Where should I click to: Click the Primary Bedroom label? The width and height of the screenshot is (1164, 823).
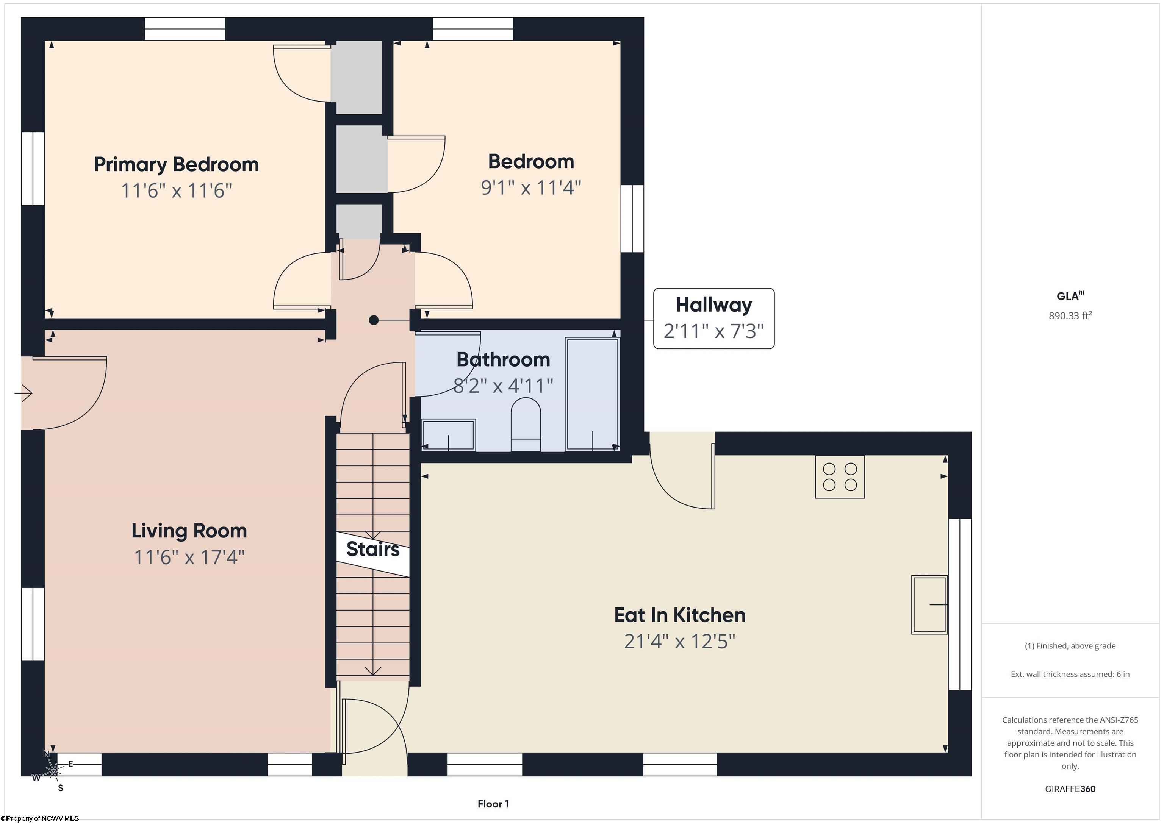(x=177, y=165)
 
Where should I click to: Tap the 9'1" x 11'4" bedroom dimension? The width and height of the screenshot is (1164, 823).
(x=531, y=187)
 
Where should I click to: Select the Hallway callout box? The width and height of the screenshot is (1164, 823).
(x=714, y=318)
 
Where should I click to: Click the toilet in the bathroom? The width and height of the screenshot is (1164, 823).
(x=526, y=424)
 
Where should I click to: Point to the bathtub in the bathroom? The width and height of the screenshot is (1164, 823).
(x=592, y=394)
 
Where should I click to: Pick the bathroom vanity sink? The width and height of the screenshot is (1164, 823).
(x=449, y=435)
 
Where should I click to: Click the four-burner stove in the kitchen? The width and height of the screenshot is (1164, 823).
(x=840, y=477)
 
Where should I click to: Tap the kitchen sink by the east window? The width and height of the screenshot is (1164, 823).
(x=929, y=604)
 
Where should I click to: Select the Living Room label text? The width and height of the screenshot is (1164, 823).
(x=189, y=531)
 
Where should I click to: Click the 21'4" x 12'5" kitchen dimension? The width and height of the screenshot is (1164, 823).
(x=680, y=642)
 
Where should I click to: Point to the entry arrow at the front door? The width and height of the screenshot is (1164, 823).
(x=23, y=393)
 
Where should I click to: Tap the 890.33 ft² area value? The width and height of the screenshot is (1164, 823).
(x=1070, y=315)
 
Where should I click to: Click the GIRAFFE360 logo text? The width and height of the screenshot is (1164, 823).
(x=1070, y=789)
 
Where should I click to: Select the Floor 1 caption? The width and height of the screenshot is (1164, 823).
(x=493, y=804)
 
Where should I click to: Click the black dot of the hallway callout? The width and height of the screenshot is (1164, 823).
(x=374, y=320)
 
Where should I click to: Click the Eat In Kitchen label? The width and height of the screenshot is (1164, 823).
(x=680, y=615)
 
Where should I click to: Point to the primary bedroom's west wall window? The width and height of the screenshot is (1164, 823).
(x=33, y=169)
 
